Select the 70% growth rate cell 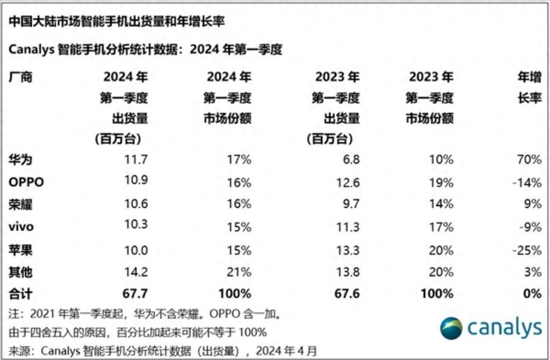click(529, 160)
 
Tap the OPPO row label click(26, 182)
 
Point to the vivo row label click(21, 227)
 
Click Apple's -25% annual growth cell click(527, 249)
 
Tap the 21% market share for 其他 click(239, 271)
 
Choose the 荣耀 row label click(21, 204)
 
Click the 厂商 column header click(21, 77)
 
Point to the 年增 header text click(529, 77)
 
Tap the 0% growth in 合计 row click(532, 294)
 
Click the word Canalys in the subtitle click(31, 50)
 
